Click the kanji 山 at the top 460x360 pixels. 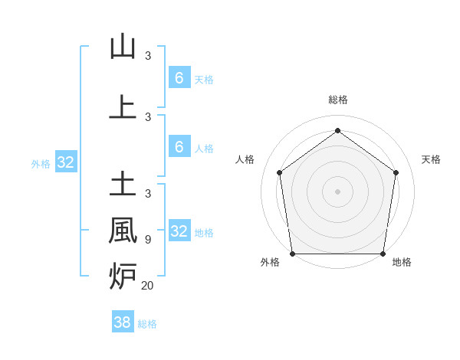[x=123, y=47]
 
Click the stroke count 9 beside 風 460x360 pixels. [x=147, y=240]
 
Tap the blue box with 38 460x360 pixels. [x=123, y=322]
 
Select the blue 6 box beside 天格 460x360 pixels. [x=179, y=77]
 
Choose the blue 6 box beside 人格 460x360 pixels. [x=179, y=147]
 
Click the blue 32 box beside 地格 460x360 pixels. [x=179, y=231]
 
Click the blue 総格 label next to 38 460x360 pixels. [x=147, y=324]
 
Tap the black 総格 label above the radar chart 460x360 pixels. [x=337, y=100]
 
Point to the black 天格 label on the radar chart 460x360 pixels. [x=432, y=159]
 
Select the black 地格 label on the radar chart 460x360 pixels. [x=402, y=262]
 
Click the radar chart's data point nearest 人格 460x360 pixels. [x=279, y=172]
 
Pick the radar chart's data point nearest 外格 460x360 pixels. [x=292, y=254]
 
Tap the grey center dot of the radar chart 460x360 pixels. [x=337, y=191]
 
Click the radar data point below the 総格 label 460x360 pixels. [x=337, y=130]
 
